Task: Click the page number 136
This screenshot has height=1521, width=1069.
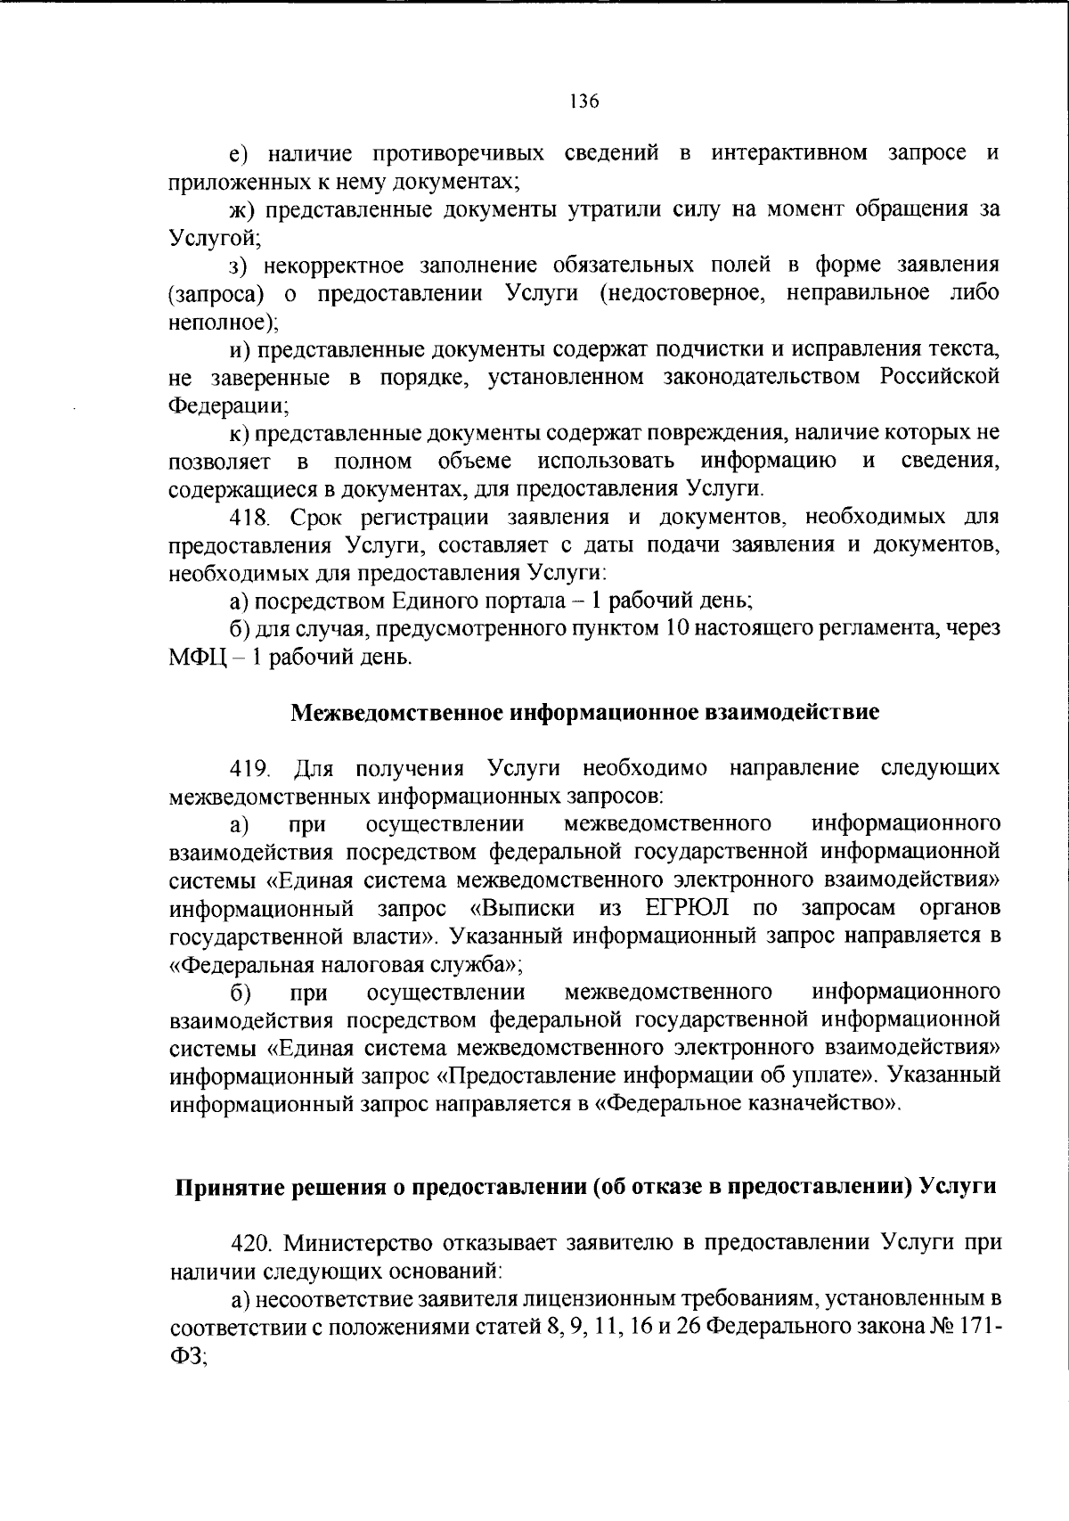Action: click(x=584, y=101)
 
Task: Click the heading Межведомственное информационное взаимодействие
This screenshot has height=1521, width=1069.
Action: click(x=584, y=713)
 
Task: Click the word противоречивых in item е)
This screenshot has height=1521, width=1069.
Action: click(x=460, y=153)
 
